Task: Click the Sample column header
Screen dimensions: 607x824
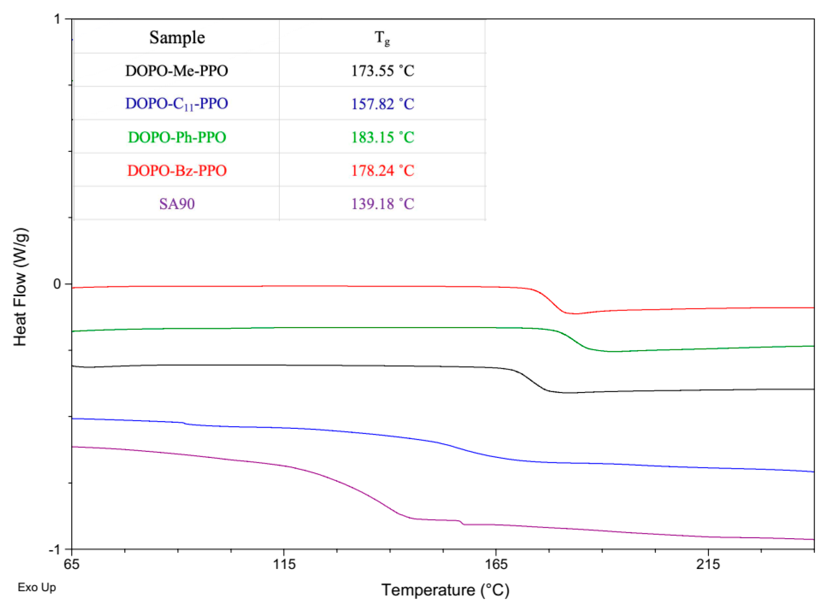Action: [x=177, y=37]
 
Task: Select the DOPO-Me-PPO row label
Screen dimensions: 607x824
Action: [x=177, y=71]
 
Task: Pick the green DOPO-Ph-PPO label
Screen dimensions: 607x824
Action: [x=177, y=137]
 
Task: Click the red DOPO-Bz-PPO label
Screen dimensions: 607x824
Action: [x=177, y=171]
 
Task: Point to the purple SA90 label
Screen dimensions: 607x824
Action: [x=177, y=203]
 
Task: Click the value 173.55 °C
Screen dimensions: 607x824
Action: [x=383, y=71]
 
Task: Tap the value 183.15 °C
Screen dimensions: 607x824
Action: [x=383, y=137]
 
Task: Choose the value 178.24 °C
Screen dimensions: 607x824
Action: [x=383, y=171]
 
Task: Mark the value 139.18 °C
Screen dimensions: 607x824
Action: [x=383, y=203]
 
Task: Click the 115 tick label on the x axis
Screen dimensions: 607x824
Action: [x=284, y=564]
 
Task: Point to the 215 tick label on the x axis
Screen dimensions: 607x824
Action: [x=708, y=564]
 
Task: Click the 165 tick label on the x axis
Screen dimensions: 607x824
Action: [x=496, y=564]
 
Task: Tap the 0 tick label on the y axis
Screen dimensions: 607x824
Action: [x=57, y=284]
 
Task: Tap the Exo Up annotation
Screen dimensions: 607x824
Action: [x=37, y=587]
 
